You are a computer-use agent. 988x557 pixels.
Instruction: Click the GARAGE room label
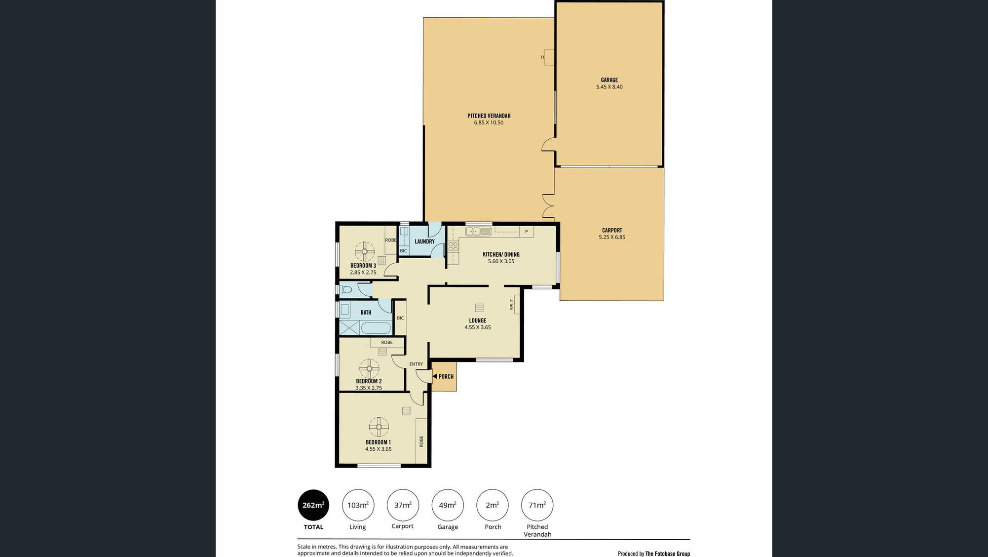(609, 80)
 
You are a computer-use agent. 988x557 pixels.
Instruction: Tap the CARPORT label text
(612, 231)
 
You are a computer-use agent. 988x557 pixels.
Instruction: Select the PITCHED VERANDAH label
(489, 116)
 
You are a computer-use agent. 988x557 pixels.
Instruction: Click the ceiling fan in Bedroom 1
(379, 427)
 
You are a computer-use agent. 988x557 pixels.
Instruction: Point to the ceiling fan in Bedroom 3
(365, 251)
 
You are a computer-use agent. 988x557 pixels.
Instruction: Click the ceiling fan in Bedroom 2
(369, 368)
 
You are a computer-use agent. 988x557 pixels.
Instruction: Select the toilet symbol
(346, 290)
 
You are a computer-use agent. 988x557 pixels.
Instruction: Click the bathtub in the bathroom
(376, 328)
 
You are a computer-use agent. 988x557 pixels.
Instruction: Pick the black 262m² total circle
(313, 505)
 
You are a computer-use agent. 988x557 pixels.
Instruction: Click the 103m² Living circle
(358, 505)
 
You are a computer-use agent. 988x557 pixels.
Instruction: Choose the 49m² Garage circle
(448, 505)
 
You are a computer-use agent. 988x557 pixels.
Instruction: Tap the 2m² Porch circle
(492, 505)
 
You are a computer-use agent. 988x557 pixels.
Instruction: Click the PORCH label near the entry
(446, 377)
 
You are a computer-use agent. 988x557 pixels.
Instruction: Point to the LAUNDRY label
(424, 241)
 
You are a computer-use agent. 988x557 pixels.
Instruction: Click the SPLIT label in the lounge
(512, 305)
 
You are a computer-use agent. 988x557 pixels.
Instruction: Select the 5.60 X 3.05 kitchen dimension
(501, 261)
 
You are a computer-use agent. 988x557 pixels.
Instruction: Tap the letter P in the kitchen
(527, 232)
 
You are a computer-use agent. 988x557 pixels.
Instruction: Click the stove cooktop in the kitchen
(453, 247)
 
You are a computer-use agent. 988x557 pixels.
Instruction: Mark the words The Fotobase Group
(668, 554)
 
